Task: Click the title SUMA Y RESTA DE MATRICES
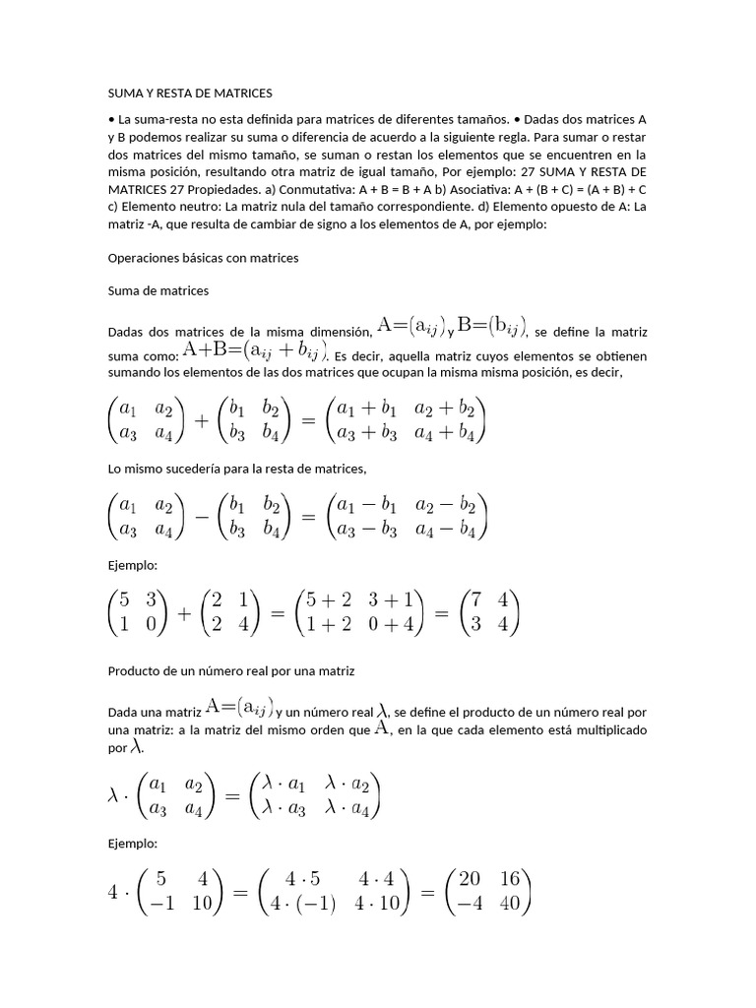click(189, 94)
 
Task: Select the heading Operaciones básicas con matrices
click(203, 257)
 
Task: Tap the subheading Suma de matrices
click(157, 291)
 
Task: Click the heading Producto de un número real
click(230, 670)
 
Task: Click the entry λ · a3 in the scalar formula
click(285, 809)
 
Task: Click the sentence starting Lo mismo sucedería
click(236, 469)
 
